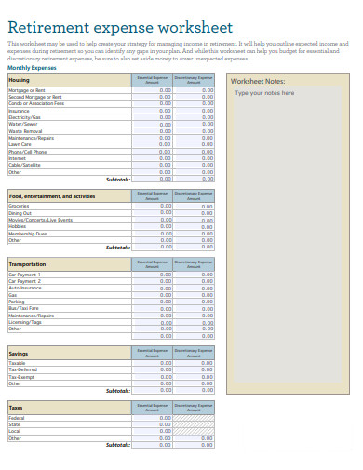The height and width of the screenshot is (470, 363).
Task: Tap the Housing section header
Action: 19,80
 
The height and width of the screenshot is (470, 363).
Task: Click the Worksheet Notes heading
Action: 258,81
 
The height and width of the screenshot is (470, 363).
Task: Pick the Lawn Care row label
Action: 20,144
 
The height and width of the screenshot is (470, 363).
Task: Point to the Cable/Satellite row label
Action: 25,165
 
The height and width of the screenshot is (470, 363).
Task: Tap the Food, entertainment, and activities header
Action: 52,196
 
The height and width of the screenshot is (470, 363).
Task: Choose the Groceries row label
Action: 20,206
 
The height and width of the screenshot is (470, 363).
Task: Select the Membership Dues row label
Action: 27,234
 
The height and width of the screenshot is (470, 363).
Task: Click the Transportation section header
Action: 27,264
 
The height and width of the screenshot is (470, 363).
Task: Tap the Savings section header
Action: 19,354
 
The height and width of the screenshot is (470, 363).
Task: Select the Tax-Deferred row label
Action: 23,369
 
